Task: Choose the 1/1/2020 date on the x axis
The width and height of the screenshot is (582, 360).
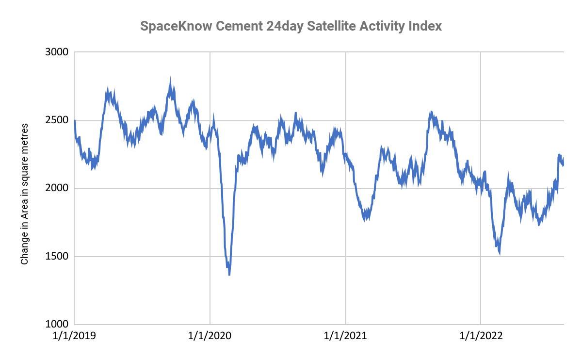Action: [210, 336]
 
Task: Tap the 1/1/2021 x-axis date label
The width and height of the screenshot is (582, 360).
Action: [345, 336]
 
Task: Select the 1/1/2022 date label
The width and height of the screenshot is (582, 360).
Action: [481, 336]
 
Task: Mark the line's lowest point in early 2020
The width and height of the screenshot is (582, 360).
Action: [229, 275]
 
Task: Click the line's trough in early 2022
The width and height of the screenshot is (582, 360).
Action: [499, 253]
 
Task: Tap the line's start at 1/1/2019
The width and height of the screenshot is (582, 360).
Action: [75, 120]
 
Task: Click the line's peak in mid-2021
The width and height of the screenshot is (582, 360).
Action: [431, 113]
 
